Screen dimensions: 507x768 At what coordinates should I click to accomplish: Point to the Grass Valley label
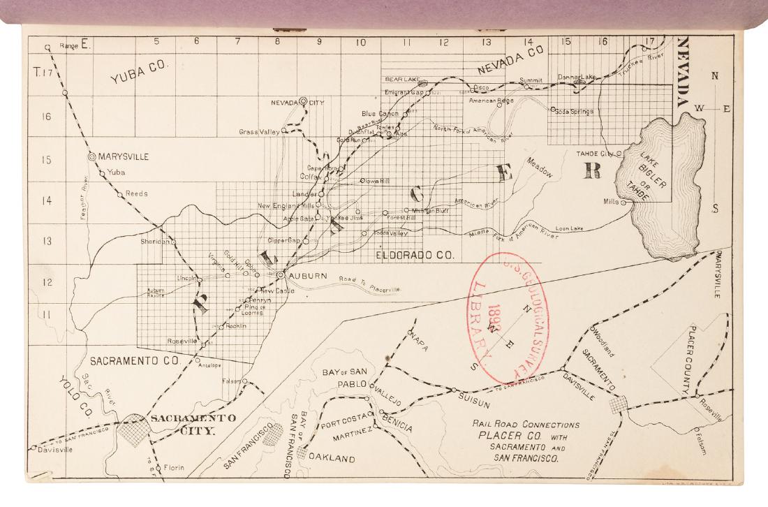tap(258, 131)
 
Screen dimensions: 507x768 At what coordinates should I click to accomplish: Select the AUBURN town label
tap(307, 276)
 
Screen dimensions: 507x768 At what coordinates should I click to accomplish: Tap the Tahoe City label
tap(593, 153)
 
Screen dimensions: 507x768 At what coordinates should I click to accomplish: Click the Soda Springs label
tap(575, 111)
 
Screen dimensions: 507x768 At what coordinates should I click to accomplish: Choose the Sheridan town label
tap(156, 241)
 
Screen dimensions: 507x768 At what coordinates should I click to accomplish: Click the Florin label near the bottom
tap(174, 468)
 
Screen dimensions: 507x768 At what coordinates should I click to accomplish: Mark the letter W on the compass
tap(700, 108)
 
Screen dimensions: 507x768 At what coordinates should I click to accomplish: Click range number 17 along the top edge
tap(650, 41)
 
